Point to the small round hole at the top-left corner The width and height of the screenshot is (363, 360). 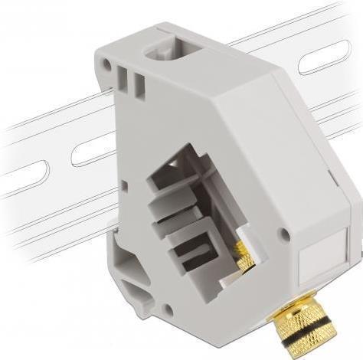coord(106,67)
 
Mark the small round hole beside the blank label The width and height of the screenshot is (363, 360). coord(285,233)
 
